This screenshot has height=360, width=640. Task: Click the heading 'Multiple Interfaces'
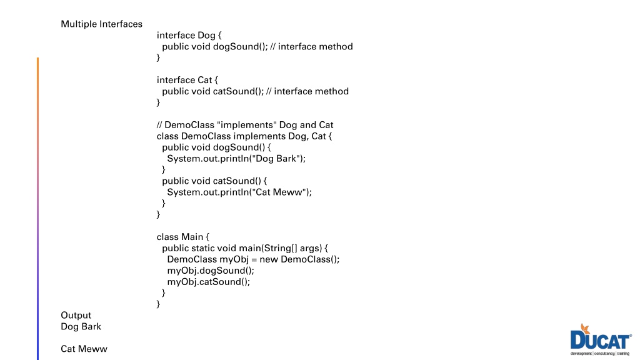point(102,24)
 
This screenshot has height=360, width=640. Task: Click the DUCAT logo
point(601,339)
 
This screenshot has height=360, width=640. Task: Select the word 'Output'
point(76,316)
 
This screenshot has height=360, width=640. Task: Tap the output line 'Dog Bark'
point(81,326)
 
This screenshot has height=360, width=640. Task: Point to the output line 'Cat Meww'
point(84,349)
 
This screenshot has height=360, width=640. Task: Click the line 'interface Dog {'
point(189,36)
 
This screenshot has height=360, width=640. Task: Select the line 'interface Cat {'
point(187,80)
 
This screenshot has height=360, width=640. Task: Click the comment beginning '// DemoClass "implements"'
point(245,125)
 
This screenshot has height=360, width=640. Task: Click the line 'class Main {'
point(183,237)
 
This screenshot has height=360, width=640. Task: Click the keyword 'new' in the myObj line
point(269,259)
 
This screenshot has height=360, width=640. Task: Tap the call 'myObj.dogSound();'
point(211,271)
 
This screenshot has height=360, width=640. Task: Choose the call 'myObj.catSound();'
point(209,282)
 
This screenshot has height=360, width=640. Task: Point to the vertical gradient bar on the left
point(38,209)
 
